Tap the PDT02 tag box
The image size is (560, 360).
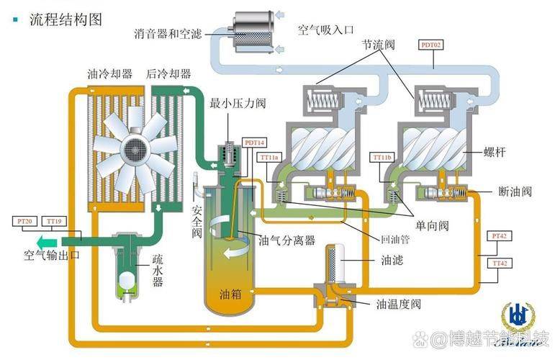point(431,45)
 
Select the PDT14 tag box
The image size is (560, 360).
point(255,143)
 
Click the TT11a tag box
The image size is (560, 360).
point(271,157)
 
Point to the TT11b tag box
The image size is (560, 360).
point(383,157)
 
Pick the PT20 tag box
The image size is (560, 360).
point(24,221)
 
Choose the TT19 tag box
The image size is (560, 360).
point(54,221)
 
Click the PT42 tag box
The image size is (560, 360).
point(499,235)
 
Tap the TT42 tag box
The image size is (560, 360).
point(499,264)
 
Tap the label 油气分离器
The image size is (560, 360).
point(286,240)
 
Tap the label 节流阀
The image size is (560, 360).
point(379,45)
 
